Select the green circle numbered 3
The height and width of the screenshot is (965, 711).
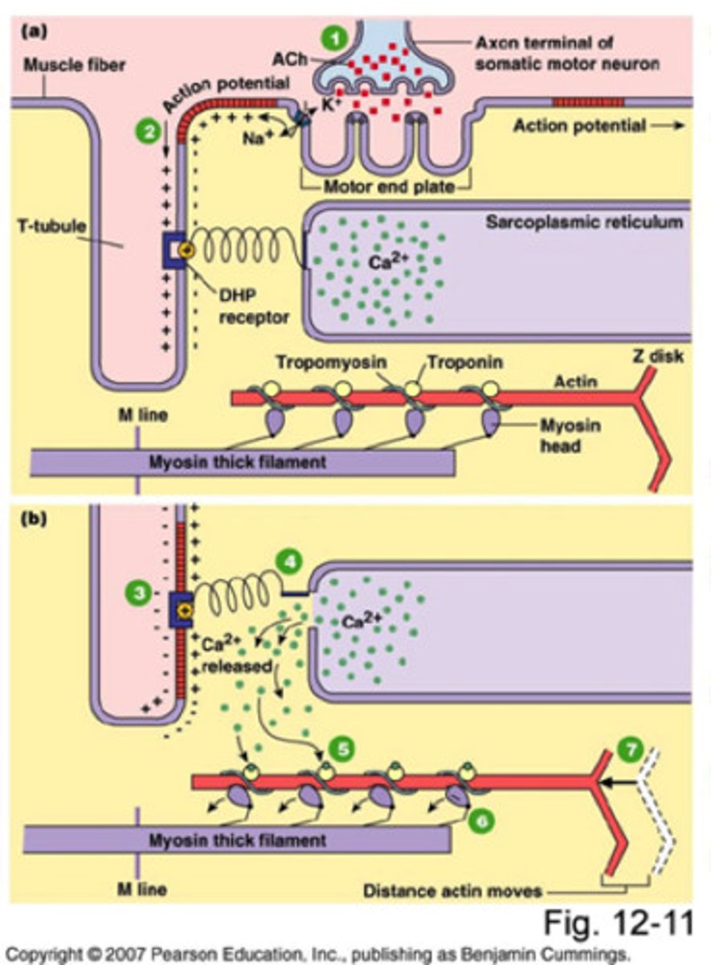click(x=138, y=594)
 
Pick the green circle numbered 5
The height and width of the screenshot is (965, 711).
click(x=342, y=749)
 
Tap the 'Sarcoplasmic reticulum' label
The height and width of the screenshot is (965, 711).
click(x=584, y=222)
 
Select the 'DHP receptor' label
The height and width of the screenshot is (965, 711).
click(x=252, y=307)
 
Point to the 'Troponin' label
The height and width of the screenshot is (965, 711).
click(x=465, y=363)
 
